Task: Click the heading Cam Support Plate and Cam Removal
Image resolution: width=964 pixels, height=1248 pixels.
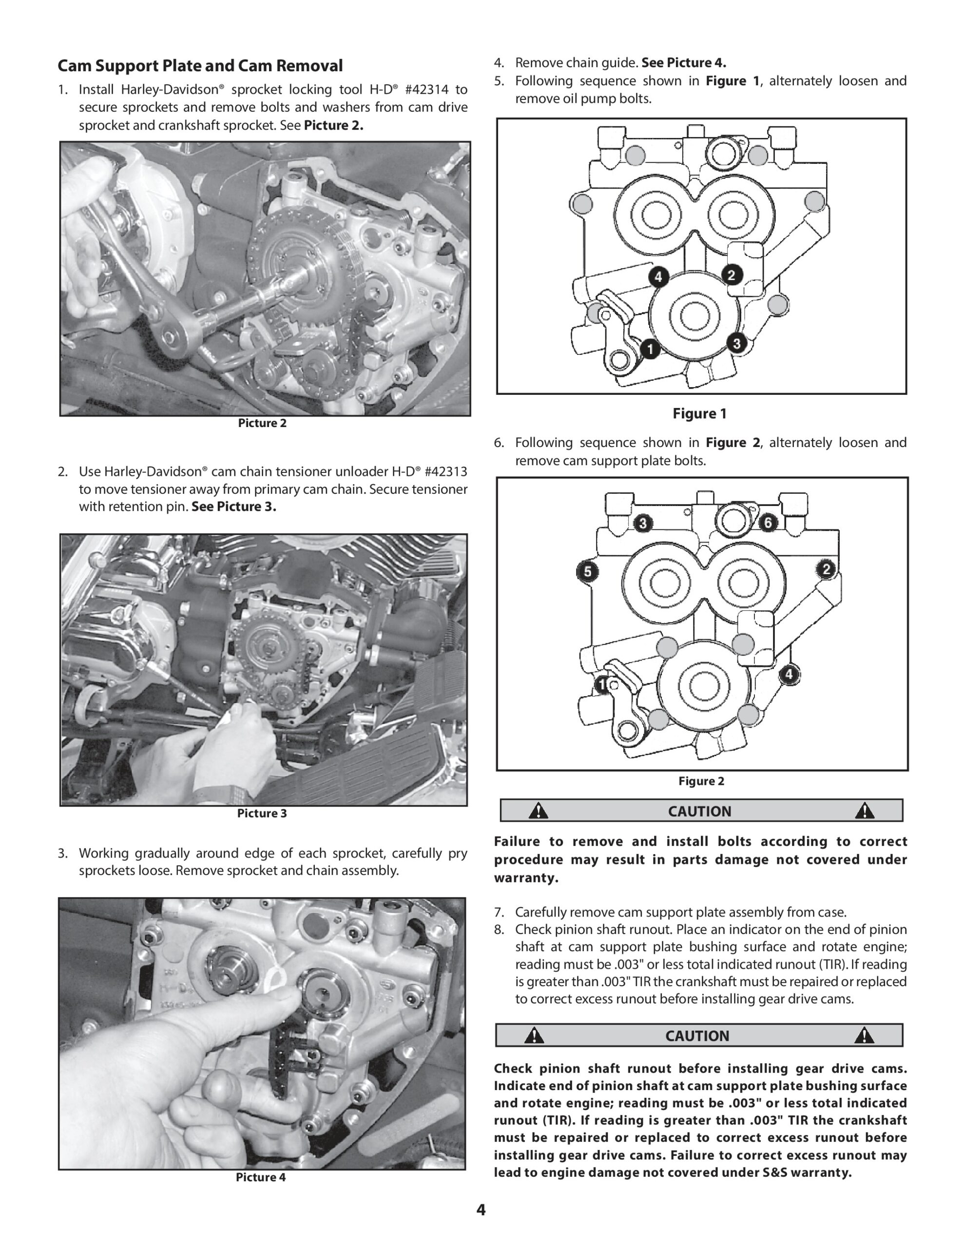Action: (x=200, y=66)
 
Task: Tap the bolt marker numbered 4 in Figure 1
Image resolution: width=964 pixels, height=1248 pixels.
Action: (x=658, y=277)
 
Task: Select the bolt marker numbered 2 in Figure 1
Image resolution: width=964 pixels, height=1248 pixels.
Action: (x=732, y=275)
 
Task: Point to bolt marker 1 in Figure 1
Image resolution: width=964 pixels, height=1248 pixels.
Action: (x=650, y=348)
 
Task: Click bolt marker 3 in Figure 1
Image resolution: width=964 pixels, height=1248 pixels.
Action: (x=736, y=343)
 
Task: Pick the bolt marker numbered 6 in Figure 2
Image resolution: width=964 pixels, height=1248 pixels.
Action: (x=768, y=522)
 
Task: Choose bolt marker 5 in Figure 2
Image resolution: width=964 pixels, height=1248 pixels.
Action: (x=587, y=571)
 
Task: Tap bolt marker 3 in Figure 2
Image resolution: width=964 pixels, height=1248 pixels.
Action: (x=643, y=523)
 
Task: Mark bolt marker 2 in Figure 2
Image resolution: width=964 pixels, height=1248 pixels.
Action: (x=826, y=569)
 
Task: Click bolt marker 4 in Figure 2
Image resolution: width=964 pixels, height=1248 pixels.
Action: (x=789, y=674)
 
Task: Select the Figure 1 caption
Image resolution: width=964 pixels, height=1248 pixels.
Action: (x=699, y=414)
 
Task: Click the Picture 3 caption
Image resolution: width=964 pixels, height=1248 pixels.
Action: (x=262, y=813)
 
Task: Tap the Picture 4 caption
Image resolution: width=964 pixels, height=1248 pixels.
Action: (x=261, y=1177)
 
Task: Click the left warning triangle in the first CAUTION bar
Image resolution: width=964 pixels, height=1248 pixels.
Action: (x=538, y=811)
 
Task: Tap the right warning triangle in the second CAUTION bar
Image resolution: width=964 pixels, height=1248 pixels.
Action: (x=864, y=1035)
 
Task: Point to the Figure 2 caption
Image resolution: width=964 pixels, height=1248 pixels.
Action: (x=701, y=781)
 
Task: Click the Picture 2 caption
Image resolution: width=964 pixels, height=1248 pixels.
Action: (x=262, y=424)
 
